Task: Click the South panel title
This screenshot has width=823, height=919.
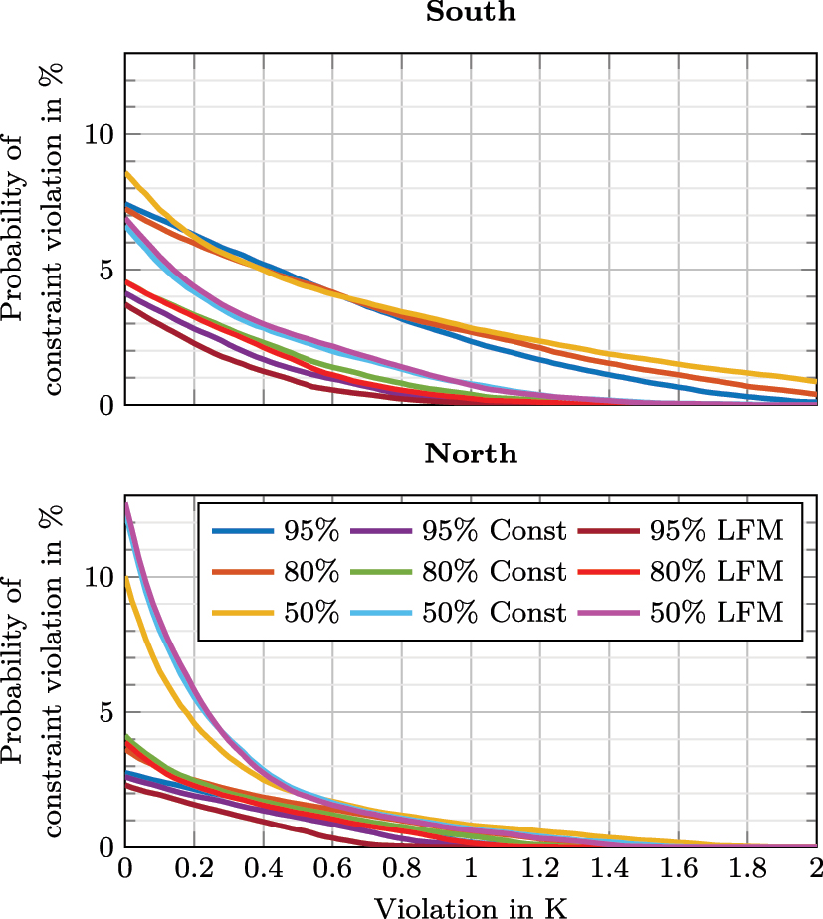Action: pos(471,13)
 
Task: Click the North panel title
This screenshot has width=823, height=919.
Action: pos(471,455)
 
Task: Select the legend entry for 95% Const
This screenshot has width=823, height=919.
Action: pos(494,531)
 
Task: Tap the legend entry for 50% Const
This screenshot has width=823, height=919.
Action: pos(494,613)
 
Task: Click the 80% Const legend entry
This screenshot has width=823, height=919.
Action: pos(494,572)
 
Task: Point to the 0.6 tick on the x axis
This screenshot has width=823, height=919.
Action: pos(331,868)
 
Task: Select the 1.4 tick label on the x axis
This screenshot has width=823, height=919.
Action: pos(609,868)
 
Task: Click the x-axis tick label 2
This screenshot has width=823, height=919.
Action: pos(816,868)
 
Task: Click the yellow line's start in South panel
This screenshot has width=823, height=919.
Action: pos(125,173)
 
